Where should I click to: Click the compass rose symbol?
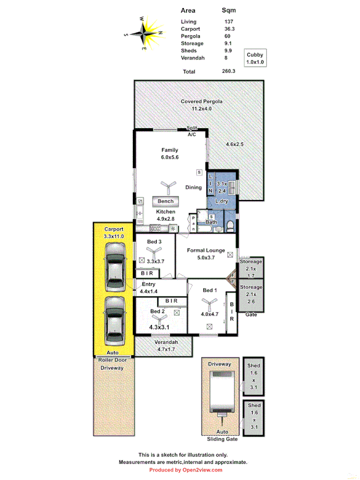145,33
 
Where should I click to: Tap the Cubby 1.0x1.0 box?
255,58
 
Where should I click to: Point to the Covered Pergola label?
201,101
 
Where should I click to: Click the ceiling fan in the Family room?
167,187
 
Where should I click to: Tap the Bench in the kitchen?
166,201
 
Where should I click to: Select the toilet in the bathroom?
230,227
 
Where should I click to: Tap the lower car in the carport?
115,320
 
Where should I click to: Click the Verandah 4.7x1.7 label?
166,345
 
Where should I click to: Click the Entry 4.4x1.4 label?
149,288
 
